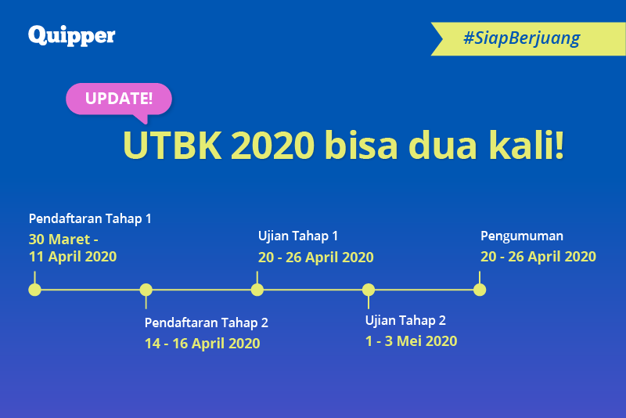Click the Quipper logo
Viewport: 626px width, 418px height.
72,35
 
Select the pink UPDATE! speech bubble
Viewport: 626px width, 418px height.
118,99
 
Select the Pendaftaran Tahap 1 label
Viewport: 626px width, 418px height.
90,218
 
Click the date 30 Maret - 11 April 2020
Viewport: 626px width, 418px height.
72,247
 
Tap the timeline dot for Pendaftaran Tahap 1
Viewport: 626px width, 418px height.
34,290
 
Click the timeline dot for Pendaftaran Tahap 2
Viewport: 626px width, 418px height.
146,290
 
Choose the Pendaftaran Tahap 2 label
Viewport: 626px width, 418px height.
207,323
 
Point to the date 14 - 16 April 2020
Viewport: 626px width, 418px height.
202,343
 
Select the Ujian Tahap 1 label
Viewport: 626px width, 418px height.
298,236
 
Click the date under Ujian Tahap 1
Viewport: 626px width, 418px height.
316,257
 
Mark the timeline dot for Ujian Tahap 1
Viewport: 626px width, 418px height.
257,290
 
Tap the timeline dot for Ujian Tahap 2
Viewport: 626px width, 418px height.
369,290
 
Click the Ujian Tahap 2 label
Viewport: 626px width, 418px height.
405,320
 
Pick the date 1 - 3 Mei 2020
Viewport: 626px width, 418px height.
411,341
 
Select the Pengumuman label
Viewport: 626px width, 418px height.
521,236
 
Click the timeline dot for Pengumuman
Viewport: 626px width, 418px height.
480,290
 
